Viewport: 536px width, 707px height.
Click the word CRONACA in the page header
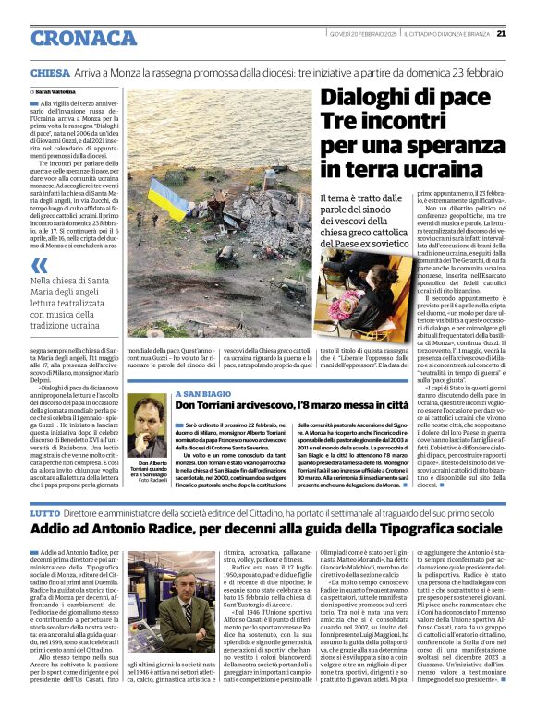84,37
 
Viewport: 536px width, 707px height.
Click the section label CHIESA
50,72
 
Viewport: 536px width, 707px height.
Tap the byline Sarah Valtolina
56,92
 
